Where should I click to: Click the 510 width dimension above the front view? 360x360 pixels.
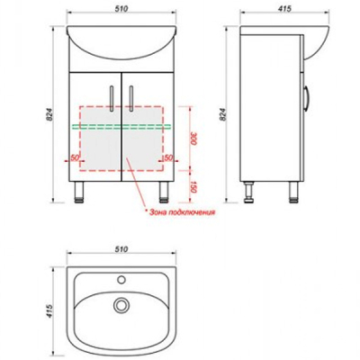(x=121, y=9)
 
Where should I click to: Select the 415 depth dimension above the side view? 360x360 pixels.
(x=284, y=9)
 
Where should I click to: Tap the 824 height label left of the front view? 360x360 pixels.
(x=50, y=114)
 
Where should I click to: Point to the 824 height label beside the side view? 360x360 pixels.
(x=222, y=114)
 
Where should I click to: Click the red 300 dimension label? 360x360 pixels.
(x=193, y=139)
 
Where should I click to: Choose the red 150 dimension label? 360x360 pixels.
(x=193, y=186)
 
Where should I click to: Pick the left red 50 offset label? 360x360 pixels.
(x=74, y=157)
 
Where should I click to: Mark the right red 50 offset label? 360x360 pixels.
(x=168, y=157)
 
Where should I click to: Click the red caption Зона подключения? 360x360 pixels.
(x=182, y=212)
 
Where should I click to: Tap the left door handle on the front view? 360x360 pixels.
(x=112, y=99)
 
